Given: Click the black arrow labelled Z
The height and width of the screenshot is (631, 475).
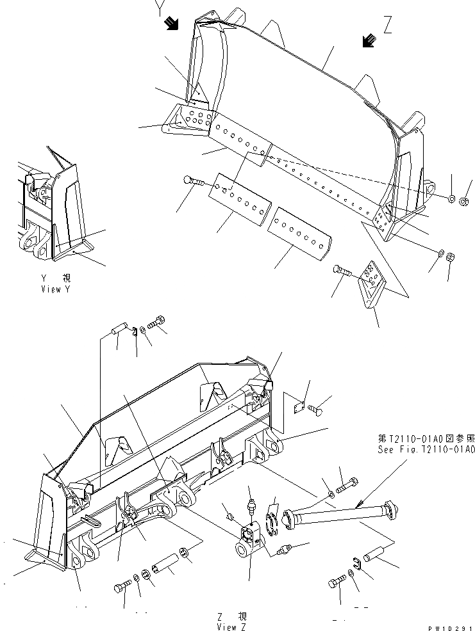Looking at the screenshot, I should tap(368, 41).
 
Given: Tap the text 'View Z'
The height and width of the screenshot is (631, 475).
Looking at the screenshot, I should tap(231, 627).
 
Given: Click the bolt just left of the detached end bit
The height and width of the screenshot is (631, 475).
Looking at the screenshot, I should tap(342, 272).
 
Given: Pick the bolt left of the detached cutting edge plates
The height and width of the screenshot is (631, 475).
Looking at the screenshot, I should tap(193, 182).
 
